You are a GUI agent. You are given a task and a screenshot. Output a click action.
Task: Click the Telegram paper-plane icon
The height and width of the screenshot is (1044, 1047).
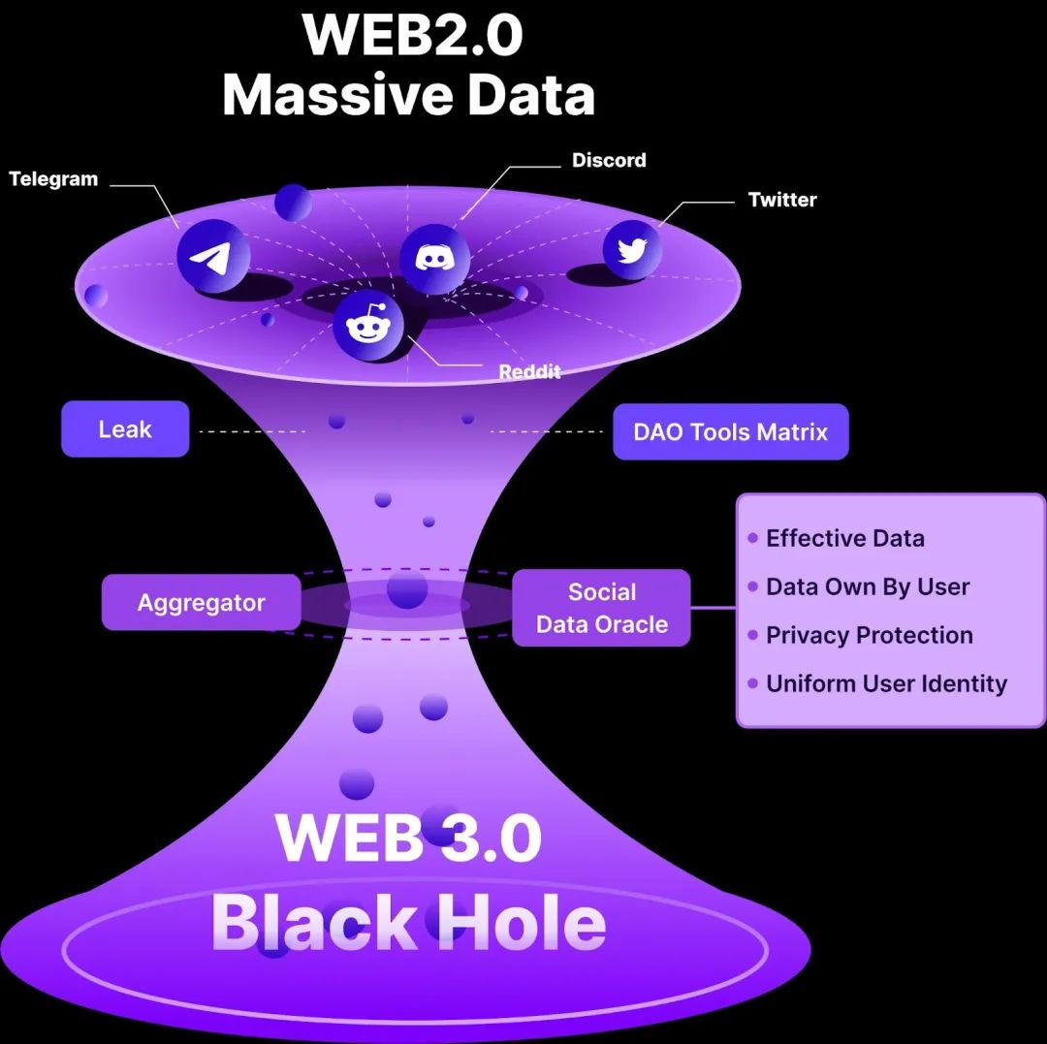coord(212,256)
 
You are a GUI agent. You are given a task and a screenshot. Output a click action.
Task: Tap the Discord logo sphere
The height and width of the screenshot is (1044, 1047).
coord(434,258)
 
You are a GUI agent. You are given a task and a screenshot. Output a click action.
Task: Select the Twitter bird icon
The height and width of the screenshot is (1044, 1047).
coord(632,250)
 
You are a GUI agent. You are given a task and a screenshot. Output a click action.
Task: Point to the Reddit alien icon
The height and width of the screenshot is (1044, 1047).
coord(367,325)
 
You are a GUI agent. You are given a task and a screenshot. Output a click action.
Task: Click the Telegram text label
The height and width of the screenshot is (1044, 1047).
coord(53,179)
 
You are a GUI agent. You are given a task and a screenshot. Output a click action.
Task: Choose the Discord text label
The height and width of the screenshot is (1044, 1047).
coord(609,160)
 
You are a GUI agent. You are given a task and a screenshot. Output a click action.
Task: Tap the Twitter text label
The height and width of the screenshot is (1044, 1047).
coord(782,200)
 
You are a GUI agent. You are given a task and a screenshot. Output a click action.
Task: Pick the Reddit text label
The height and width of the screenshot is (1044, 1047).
coord(529,372)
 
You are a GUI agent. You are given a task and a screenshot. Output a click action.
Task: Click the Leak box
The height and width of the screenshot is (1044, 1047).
coord(125,429)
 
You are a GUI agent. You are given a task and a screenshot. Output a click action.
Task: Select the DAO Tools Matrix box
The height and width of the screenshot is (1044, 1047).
coord(730,432)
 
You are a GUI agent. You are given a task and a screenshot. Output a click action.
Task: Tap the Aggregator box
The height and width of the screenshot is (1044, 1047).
coord(201,603)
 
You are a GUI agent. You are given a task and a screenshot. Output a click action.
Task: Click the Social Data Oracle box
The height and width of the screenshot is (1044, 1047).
coord(601,608)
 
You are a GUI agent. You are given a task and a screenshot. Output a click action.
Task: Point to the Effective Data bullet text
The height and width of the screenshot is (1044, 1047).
coord(844,539)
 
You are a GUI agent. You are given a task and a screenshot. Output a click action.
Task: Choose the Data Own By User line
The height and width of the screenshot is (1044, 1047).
coord(867,587)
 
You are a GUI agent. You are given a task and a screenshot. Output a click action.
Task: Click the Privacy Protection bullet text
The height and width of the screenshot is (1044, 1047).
coord(869,636)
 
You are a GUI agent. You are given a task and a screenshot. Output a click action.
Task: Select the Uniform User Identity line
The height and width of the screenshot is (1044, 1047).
coord(886,684)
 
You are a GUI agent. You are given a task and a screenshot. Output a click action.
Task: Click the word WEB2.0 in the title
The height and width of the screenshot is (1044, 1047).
coord(412,35)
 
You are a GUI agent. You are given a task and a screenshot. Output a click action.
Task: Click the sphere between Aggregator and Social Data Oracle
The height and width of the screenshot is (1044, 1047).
coord(407,589)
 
